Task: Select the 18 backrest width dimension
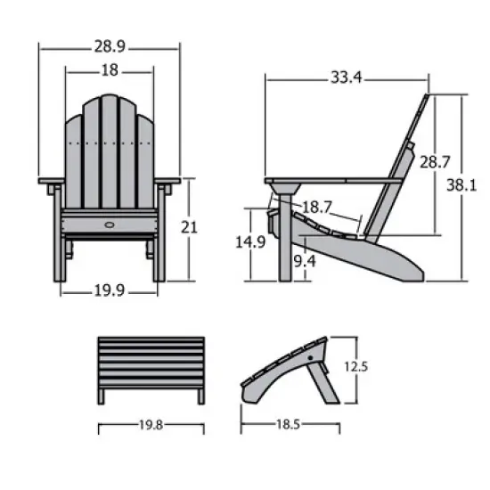coord(110,69)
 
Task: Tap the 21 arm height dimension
coord(188,227)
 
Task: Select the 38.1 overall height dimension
coord(469,185)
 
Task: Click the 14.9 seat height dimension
coord(257,241)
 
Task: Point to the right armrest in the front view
coord(167,183)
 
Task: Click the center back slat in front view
coord(110,151)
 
